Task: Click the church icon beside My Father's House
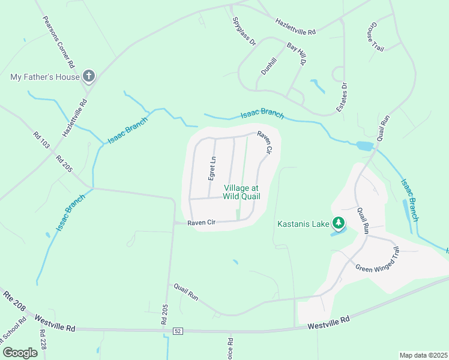tap(88, 76)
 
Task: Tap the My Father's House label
tap(45, 77)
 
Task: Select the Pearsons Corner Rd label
tap(58, 41)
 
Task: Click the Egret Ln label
tap(211, 168)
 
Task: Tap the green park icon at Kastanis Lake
tap(339, 224)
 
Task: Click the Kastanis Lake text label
tap(303, 224)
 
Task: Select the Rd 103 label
tap(43, 138)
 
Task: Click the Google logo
tap(20, 352)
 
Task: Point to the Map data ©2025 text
tap(423, 355)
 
